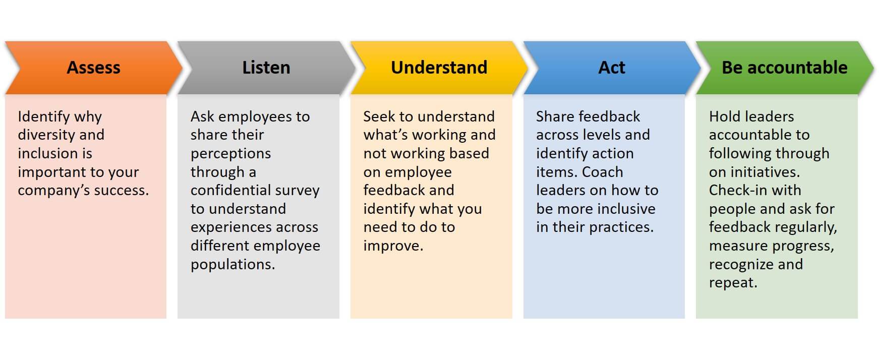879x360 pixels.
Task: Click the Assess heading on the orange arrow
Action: [x=94, y=68]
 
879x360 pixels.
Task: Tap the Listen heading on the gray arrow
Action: [x=266, y=68]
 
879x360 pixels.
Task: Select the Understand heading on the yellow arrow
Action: [x=439, y=68]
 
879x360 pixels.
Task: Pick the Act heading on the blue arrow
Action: [x=612, y=68]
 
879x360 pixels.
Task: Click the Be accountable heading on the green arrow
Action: [x=785, y=68]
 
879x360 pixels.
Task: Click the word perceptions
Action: [x=230, y=154]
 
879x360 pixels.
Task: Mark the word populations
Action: [x=233, y=264]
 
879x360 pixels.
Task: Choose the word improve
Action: [x=393, y=246]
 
